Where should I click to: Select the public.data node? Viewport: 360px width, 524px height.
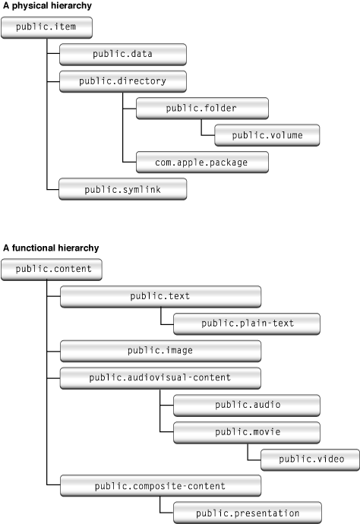(x=122, y=54)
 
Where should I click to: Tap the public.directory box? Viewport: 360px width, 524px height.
(x=122, y=80)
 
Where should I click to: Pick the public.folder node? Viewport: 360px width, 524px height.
(x=201, y=108)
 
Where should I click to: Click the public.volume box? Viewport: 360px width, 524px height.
(x=267, y=135)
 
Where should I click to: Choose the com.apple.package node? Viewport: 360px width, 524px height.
(x=201, y=162)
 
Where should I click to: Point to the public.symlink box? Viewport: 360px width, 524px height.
(x=122, y=189)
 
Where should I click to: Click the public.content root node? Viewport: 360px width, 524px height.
(x=52, y=269)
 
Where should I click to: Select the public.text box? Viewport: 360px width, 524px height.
(x=160, y=296)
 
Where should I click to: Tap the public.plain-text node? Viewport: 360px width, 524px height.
(x=247, y=324)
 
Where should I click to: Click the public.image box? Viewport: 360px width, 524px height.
(x=160, y=350)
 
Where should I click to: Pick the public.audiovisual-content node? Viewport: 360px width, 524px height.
(x=160, y=377)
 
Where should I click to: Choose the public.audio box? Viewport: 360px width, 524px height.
(x=247, y=404)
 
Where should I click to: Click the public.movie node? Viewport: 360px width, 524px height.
(x=247, y=431)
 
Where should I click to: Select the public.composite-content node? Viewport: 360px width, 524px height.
(x=160, y=485)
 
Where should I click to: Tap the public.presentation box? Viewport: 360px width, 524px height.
(x=247, y=513)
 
